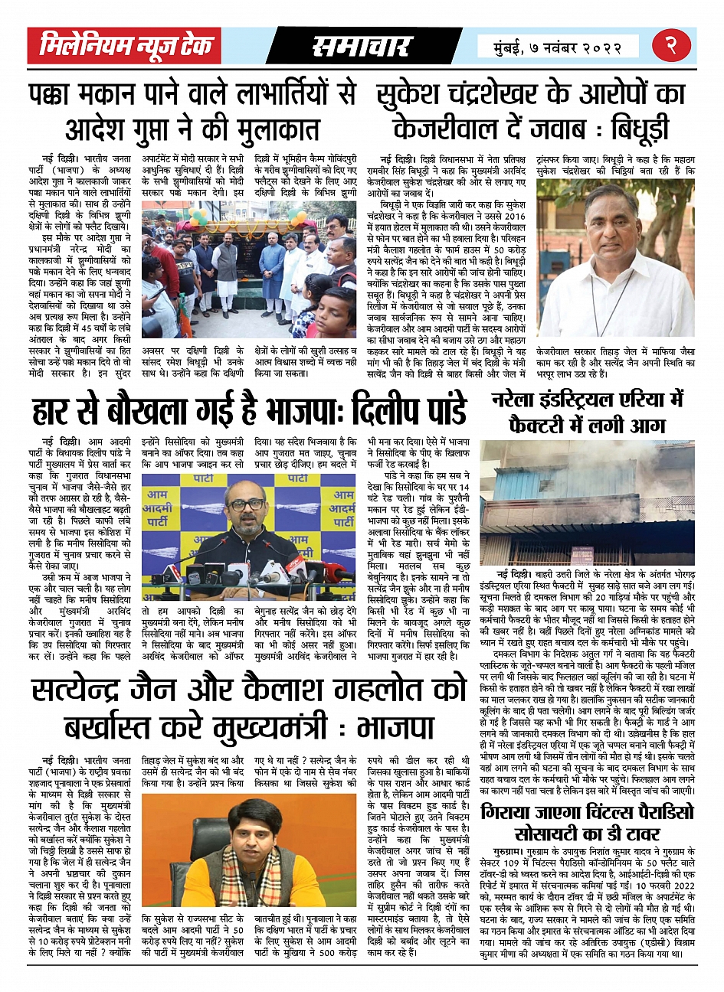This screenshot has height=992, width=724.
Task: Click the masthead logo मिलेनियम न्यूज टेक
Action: click(x=126, y=47)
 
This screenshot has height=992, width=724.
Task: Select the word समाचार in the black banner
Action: click(x=362, y=47)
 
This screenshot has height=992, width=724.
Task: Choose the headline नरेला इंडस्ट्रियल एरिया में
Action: click(x=587, y=400)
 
